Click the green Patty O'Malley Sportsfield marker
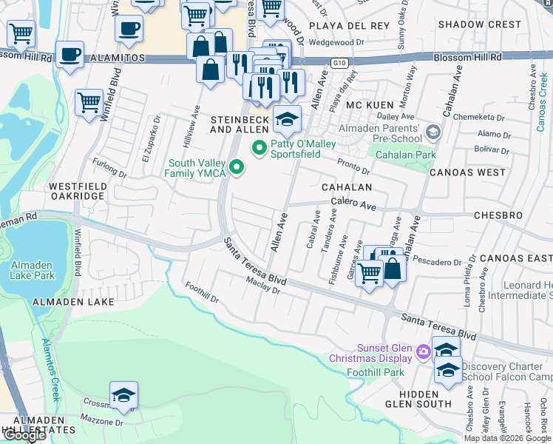259,149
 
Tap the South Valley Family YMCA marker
237,169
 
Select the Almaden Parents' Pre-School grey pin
433,133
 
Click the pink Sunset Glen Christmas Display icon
423,352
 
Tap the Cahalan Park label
405,155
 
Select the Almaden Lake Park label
33,270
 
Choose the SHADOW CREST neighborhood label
480,24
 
